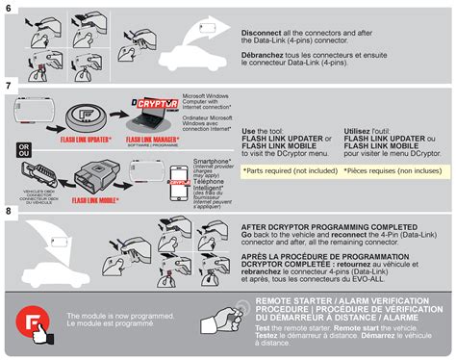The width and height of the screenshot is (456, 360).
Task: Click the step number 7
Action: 10,87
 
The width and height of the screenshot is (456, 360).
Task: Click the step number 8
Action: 10,210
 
